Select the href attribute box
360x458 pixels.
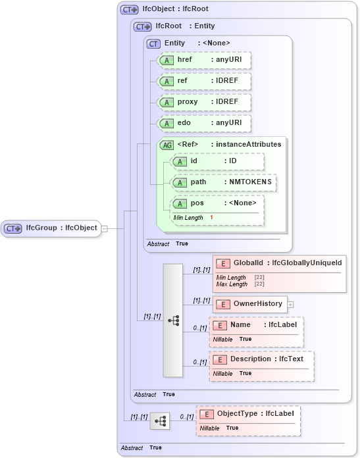point(205,60)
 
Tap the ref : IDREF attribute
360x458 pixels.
point(205,81)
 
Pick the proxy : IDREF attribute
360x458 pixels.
point(205,102)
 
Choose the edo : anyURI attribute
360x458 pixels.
point(205,123)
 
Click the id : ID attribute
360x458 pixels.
point(217,161)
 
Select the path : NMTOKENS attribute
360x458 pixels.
point(223,182)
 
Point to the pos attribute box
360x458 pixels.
point(217,203)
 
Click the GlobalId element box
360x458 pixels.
point(279,263)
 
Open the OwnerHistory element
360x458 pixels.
point(249,304)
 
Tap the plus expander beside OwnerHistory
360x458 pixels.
point(290,305)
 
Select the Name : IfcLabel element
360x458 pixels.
point(256,325)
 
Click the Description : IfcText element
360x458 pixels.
point(261,359)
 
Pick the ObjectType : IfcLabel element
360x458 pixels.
point(249,414)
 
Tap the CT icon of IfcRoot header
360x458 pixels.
point(142,26)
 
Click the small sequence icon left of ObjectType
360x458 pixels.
point(159,420)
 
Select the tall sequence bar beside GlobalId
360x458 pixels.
point(173,320)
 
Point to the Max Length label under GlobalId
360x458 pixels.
point(232,284)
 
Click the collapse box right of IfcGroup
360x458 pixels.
point(104,228)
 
